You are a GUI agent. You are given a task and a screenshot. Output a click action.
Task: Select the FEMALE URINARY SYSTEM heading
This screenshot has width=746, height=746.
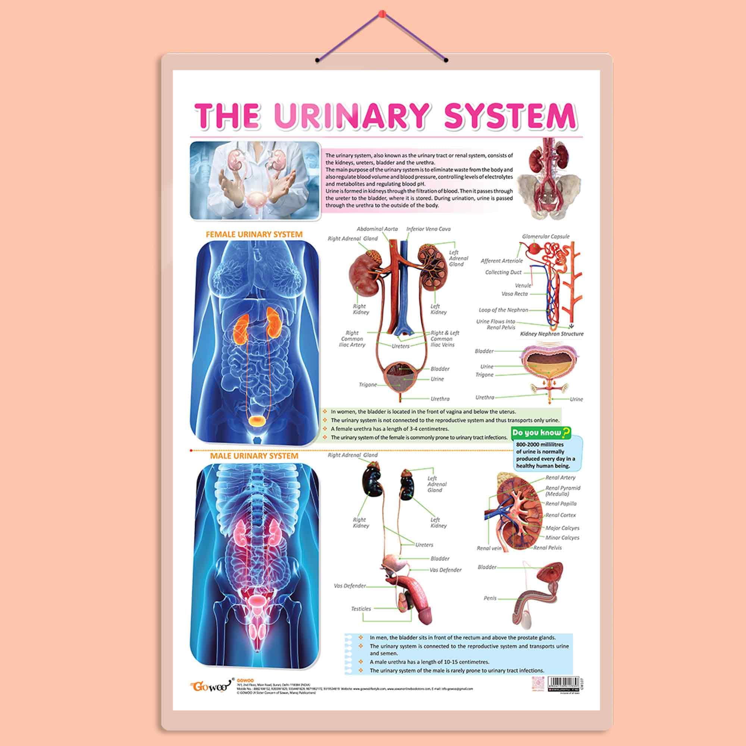pyautogui.click(x=254, y=234)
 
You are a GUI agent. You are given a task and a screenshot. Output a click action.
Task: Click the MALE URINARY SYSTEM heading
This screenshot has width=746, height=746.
pyautogui.click(x=254, y=456)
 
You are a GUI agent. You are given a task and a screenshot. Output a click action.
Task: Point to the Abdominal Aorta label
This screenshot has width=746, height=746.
pyautogui.click(x=377, y=229)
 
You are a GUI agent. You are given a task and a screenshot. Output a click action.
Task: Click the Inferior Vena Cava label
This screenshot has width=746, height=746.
pyautogui.click(x=428, y=229)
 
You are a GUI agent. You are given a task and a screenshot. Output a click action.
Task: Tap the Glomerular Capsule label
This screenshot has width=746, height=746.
pyautogui.click(x=546, y=236)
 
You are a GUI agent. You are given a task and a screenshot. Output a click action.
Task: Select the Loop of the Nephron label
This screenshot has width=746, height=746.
pyautogui.click(x=503, y=310)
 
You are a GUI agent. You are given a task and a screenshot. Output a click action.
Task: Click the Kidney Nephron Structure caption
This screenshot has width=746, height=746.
pyautogui.click(x=551, y=333)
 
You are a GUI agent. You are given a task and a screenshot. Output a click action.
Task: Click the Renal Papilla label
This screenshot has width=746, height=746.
pyautogui.click(x=561, y=504)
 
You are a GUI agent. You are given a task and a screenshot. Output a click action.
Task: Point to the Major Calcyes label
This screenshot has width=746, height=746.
pyautogui.click(x=562, y=528)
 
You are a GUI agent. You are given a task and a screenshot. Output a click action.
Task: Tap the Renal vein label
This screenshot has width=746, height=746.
pyautogui.click(x=489, y=548)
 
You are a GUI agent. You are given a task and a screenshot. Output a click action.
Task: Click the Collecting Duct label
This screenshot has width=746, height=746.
pyautogui.click(x=503, y=272)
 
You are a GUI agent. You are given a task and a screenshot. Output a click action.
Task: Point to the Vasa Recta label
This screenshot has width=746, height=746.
pyautogui.click(x=514, y=294)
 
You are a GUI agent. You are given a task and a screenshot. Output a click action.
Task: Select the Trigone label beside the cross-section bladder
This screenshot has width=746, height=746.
pyautogui.click(x=484, y=374)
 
